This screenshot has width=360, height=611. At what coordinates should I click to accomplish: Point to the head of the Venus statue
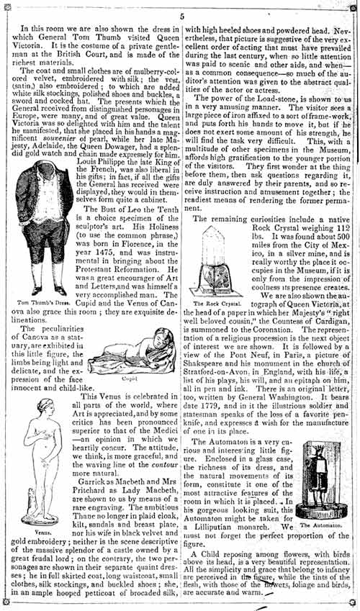pos(45,406)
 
